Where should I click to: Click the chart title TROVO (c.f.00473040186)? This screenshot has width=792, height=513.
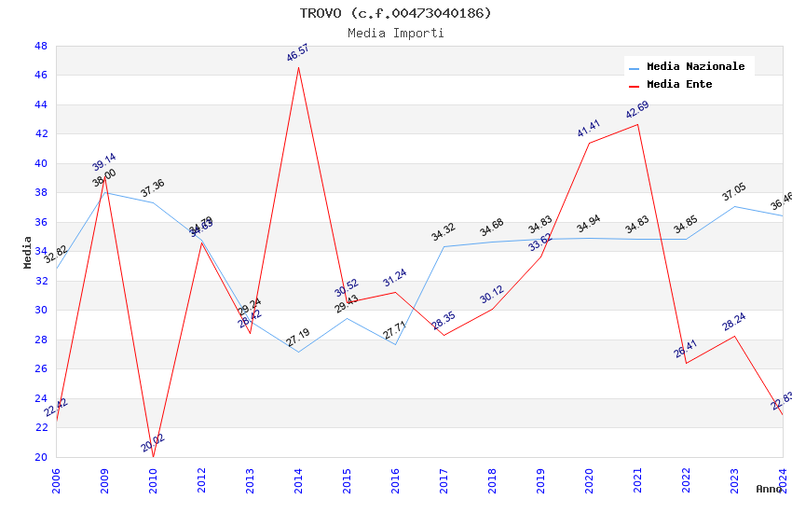tap(395, 13)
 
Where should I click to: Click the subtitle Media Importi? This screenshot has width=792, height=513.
tap(395, 33)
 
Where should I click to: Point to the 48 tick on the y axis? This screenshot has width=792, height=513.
tap(41, 46)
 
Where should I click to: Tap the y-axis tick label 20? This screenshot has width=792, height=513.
tap(41, 457)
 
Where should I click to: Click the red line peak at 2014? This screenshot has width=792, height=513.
tap(298, 67)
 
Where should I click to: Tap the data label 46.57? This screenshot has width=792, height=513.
tap(298, 53)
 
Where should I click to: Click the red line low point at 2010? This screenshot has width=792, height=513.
tap(153, 456)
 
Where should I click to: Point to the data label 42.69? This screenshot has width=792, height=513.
tap(637, 110)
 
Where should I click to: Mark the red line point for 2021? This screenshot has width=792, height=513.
tap(637, 124)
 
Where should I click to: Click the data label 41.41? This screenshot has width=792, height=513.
tap(589, 129)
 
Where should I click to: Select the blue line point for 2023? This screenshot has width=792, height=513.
tap(734, 206)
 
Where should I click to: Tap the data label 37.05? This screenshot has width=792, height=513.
tap(734, 192)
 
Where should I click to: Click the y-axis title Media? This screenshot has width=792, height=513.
tap(28, 251)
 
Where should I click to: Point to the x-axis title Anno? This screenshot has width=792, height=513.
tap(769, 489)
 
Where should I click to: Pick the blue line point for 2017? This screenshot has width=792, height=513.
tap(444, 246)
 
